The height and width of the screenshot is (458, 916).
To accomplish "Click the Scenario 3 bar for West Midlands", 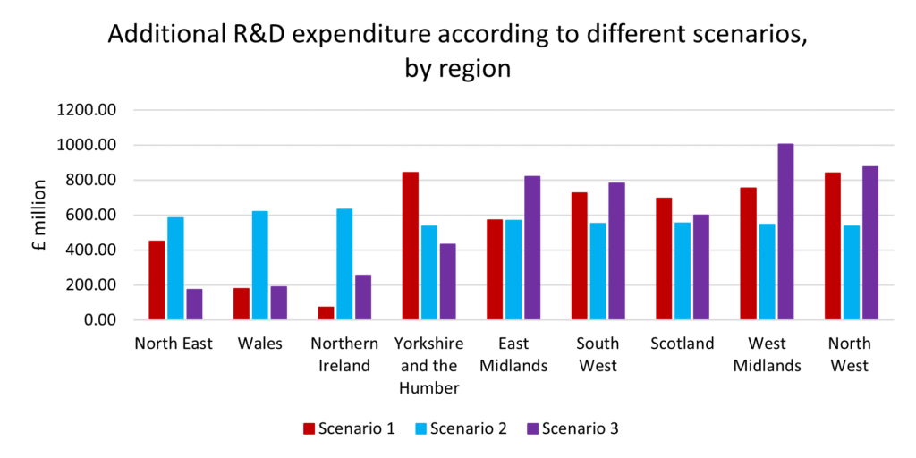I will (785, 232).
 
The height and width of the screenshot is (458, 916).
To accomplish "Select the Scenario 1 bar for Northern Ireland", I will (326, 313).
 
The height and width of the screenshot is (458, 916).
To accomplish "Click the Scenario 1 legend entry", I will (349, 428).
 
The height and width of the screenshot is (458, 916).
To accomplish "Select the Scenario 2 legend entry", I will (460, 428).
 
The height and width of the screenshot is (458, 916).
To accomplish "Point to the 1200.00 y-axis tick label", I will (87, 110).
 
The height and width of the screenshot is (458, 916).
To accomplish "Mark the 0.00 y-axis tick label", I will (99, 320).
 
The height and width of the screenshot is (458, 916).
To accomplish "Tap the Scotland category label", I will (683, 343).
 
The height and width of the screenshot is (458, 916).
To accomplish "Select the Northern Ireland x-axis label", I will (344, 354).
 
